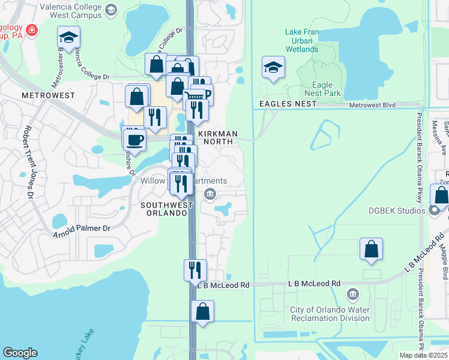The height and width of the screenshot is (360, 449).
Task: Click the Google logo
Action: pyautogui.click(x=20, y=353)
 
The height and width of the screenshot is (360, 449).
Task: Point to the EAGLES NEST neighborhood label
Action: pyautogui.click(x=287, y=104)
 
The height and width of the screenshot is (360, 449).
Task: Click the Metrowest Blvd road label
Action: pyautogui.click(x=373, y=105)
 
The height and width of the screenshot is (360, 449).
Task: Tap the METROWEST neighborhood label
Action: pyautogui.click(x=48, y=95)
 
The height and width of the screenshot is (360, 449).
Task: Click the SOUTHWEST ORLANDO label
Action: pyautogui.click(x=166, y=209)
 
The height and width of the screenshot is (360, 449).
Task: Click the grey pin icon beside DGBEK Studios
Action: pyautogui.click(x=435, y=211)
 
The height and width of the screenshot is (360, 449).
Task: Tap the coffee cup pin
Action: pyautogui.click(x=134, y=139)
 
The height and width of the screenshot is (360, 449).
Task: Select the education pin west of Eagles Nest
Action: pyautogui.click(x=273, y=68)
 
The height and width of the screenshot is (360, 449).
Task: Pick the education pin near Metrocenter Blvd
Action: pyautogui.click(x=69, y=38)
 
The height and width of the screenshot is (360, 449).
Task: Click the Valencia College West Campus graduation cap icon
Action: pyautogui.click(x=110, y=9)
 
